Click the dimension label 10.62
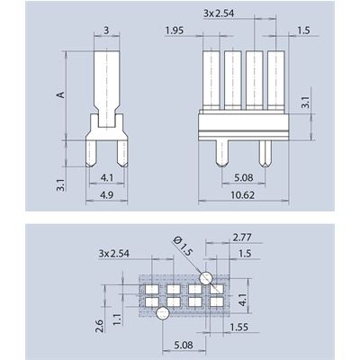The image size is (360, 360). click(243, 195)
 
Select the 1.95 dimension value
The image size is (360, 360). click(175, 31)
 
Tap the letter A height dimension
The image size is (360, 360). click(60, 94)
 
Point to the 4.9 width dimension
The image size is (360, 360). click(107, 195)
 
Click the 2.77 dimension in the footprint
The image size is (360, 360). click(242, 238)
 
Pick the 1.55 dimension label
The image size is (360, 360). click(239, 327)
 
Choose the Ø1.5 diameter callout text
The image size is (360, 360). click(183, 247)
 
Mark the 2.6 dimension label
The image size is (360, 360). click(99, 326)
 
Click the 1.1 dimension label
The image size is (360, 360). click(117, 319)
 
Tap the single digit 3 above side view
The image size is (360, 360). click(106, 31)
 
